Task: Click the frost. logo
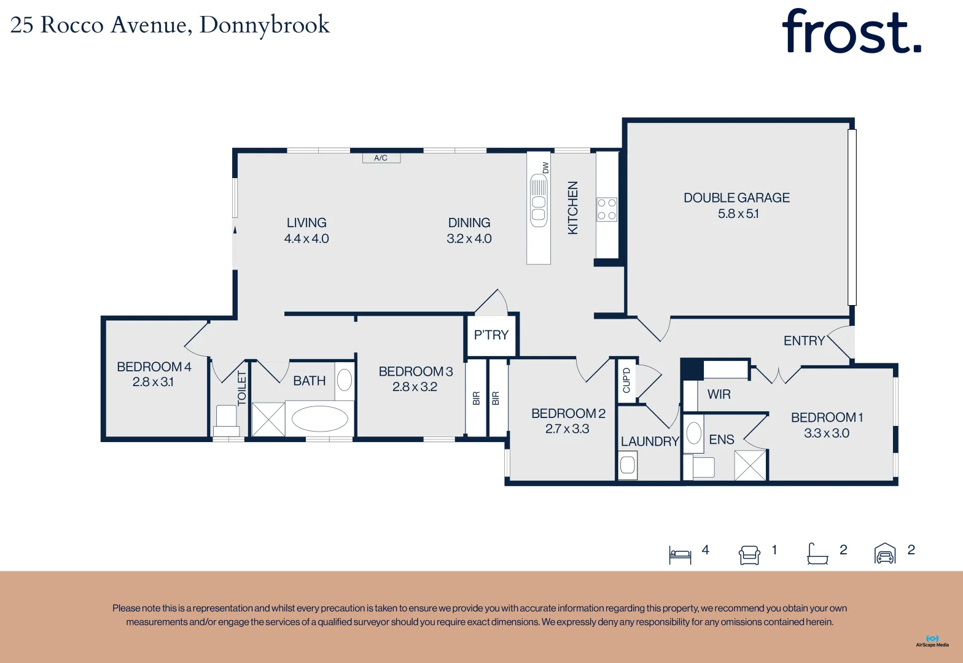[x=851, y=32]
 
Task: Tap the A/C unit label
[x=381, y=158]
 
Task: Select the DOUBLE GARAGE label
[x=736, y=198]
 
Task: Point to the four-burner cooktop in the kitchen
[x=607, y=209]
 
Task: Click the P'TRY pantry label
[x=491, y=335]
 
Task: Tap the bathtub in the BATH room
[x=319, y=419]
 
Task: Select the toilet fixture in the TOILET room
[x=226, y=419]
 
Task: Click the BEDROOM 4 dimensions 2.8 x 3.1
[x=153, y=382]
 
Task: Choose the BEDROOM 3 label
[x=415, y=371]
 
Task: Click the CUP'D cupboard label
[x=626, y=381]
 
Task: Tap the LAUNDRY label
[x=649, y=441]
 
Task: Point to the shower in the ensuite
[x=751, y=465]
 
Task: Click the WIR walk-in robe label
[x=719, y=394]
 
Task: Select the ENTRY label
[x=803, y=341]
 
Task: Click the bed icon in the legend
[x=680, y=554]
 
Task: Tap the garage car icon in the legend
[x=884, y=554]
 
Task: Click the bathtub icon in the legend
[x=817, y=554]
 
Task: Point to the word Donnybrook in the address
[x=264, y=25]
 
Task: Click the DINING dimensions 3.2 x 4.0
[x=469, y=239]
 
